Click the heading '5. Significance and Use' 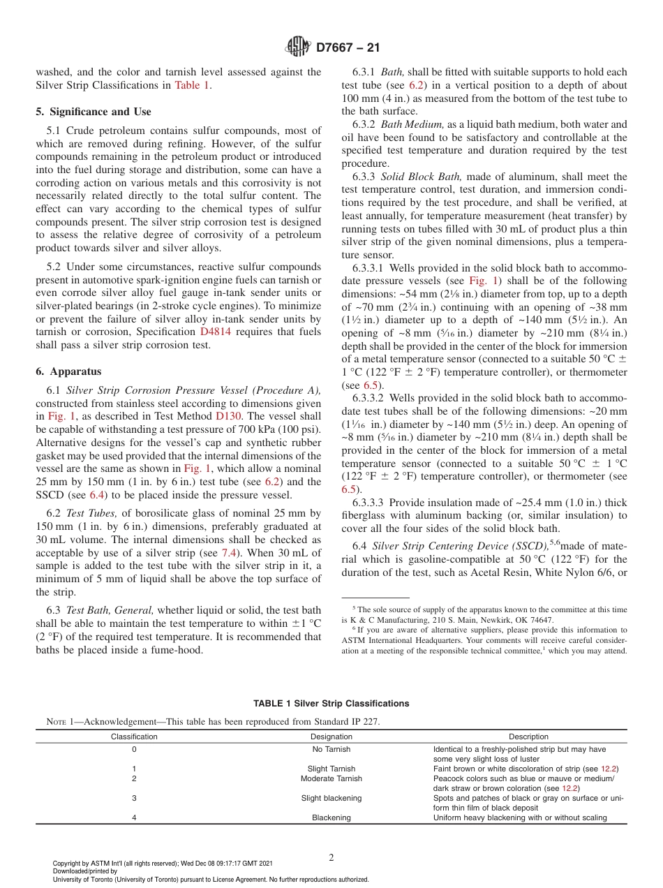pos(93,112)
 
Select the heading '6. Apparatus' pos(68,371)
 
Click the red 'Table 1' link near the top pos(191,85)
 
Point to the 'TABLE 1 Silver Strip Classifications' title pos(331,703)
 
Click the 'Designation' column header pos(331,737)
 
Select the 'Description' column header pos(528,737)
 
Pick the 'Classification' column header pos(134,737)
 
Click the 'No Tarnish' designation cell pos(331,749)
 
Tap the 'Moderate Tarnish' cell pos(331,778)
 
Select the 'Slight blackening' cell pos(331,798)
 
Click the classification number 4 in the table pos(134,817)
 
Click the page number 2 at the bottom pos(331,858)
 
